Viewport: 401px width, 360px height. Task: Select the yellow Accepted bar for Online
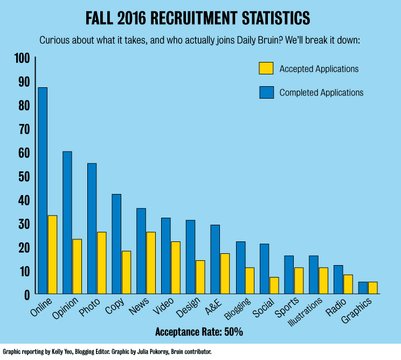(x=52, y=254)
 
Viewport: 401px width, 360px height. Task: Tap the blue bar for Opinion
(x=67, y=222)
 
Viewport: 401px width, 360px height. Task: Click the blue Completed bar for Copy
(x=116, y=244)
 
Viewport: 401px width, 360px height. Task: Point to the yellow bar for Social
(x=274, y=285)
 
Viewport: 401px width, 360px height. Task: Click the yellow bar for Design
(x=200, y=277)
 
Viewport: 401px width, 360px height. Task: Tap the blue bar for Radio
(x=338, y=279)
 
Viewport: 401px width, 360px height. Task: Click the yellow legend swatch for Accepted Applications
(x=266, y=68)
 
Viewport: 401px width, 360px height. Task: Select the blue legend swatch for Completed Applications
(x=266, y=92)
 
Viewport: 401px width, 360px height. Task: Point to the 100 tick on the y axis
(x=24, y=58)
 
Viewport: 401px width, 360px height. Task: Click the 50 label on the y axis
(x=24, y=176)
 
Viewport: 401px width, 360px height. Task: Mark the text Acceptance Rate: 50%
(x=199, y=331)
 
